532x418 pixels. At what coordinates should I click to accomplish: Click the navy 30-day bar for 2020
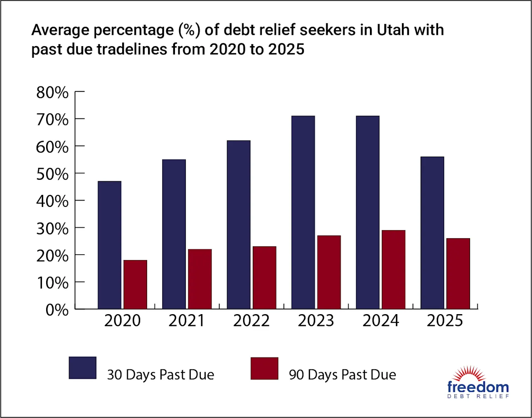[109, 245]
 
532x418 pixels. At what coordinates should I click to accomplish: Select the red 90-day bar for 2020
[135, 285]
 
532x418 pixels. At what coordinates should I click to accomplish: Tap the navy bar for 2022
[239, 225]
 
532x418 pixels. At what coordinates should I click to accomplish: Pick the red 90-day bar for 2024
[394, 270]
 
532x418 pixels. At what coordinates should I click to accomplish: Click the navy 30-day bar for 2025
[432, 233]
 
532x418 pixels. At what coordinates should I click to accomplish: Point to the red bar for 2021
[200, 279]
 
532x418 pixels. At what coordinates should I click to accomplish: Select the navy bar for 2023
[303, 212]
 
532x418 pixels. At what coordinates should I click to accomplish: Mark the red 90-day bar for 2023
[329, 272]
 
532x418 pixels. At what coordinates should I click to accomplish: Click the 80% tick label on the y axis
[52, 93]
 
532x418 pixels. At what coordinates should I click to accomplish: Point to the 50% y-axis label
[52, 175]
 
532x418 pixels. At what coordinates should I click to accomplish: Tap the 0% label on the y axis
[57, 310]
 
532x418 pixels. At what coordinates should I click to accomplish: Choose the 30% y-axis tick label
[52, 229]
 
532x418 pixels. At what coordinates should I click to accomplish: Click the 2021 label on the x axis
[187, 321]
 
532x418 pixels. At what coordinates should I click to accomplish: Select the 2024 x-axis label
[381, 321]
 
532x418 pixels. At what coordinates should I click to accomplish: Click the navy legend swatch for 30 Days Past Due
[83, 368]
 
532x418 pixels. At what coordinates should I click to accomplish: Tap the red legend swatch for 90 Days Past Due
[264, 368]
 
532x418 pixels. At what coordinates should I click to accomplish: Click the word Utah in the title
[393, 30]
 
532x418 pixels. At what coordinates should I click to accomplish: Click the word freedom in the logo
[478, 387]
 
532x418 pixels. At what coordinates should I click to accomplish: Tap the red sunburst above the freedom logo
[469, 374]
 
